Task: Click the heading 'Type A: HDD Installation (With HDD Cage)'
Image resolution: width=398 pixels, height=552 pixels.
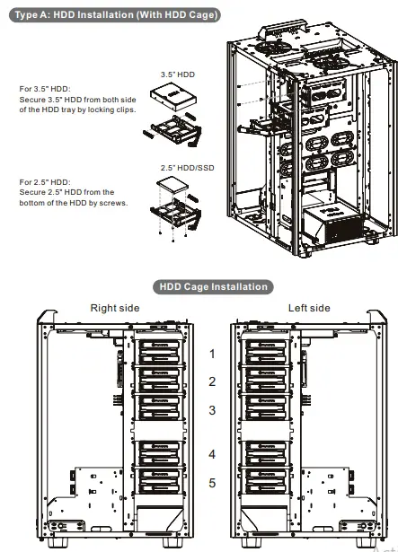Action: (x=112, y=15)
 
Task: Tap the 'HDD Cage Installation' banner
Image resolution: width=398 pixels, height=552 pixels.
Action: (x=213, y=286)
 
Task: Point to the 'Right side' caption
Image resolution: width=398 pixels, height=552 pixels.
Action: (x=115, y=308)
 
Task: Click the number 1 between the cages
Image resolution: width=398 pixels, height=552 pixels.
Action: (x=212, y=354)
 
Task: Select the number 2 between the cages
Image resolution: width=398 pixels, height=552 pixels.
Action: (x=212, y=381)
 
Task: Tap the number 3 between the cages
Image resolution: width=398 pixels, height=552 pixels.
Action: (x=212, y=410)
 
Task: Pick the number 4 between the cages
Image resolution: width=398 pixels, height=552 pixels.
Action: (x=212, y=454)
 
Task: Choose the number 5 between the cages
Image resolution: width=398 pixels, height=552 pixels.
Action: (x=212, y=483)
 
